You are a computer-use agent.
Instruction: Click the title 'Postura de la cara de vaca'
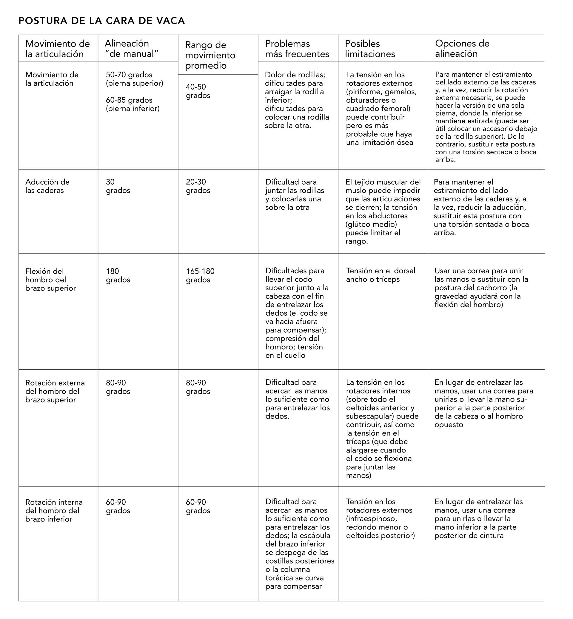click(x=102, y=21)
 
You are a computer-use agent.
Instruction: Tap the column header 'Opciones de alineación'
click(x=462, y=48)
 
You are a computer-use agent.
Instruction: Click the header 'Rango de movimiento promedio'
click(x=210, y=55)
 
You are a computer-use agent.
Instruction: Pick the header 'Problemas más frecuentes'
click(x=297, y=49)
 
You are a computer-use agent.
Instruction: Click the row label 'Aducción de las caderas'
click(x=47, y=186)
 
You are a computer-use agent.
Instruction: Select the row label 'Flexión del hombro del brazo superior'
click(x=50, y=280)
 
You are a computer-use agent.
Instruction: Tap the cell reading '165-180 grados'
click(x=200, y=275)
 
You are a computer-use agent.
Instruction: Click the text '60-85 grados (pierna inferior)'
click(x=133, y=104)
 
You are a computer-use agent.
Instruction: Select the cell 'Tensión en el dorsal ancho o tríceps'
click(x=381, y=275)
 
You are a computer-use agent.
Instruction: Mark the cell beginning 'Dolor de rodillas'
click(x=297, y=100)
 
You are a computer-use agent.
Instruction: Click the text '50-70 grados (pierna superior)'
click(x=134, y=79)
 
